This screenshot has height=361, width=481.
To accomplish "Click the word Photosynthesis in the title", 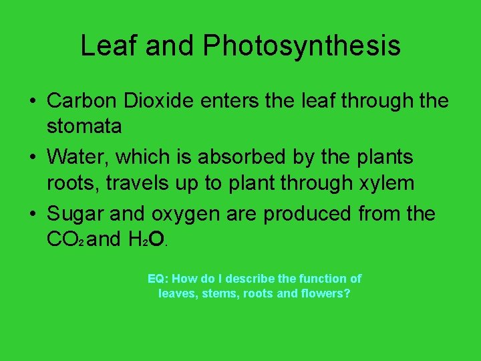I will (x=302, y=46).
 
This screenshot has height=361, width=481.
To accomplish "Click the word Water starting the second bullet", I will (x=73, y=158).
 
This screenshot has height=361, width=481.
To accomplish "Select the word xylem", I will (x=387, y=183).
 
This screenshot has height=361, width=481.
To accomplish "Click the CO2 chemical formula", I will (x=65, y=239).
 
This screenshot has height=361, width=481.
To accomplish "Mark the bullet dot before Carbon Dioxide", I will (x=32, y=102).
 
